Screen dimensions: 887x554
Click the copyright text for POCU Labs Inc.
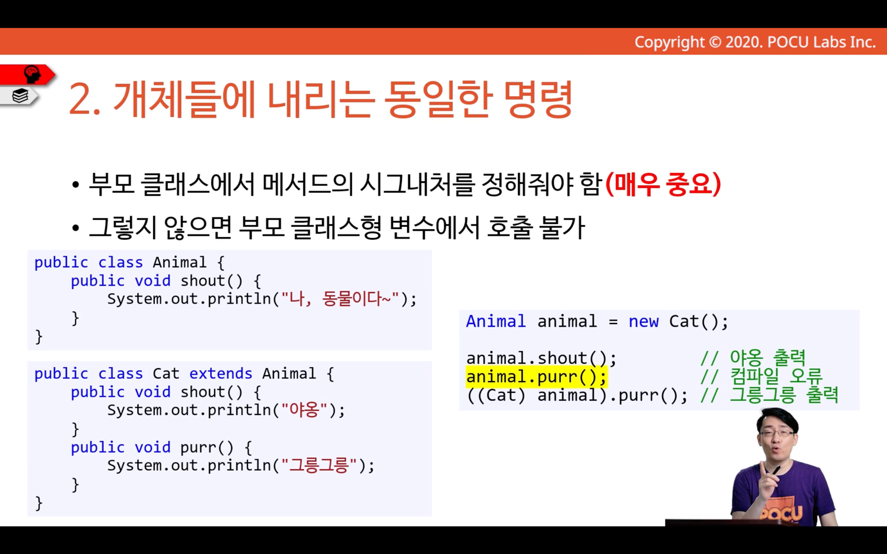[x=755, y=42]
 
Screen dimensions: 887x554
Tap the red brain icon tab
[x=27, y=74]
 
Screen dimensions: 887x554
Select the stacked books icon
[x=20, y=96]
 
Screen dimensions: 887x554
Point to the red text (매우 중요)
[x=663, y=185]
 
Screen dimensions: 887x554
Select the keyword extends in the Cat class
[x=221, y=373]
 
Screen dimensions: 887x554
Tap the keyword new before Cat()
[x=644, y=321]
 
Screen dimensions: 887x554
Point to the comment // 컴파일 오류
[x=761, y=376]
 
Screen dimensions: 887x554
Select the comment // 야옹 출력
[x=753, y=358]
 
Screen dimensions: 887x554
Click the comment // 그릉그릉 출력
[x=769, y=395]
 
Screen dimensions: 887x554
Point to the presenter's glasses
[x=777, y=434]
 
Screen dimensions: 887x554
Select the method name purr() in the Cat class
[x=206, y=447]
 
